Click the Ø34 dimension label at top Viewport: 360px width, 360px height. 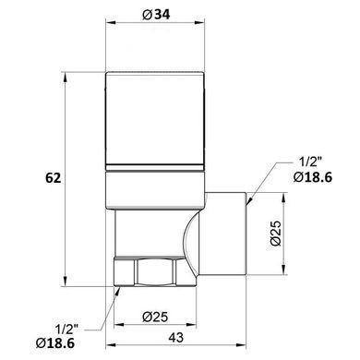(156, 15)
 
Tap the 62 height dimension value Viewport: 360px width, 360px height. (54, 178)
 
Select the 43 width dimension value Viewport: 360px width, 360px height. (176, 337)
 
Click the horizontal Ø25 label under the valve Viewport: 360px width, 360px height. (155, 317)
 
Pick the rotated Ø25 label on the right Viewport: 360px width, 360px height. (276, 233)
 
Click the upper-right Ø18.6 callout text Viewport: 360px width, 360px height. (313, 177)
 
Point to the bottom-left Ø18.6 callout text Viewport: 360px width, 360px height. (55, 343)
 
